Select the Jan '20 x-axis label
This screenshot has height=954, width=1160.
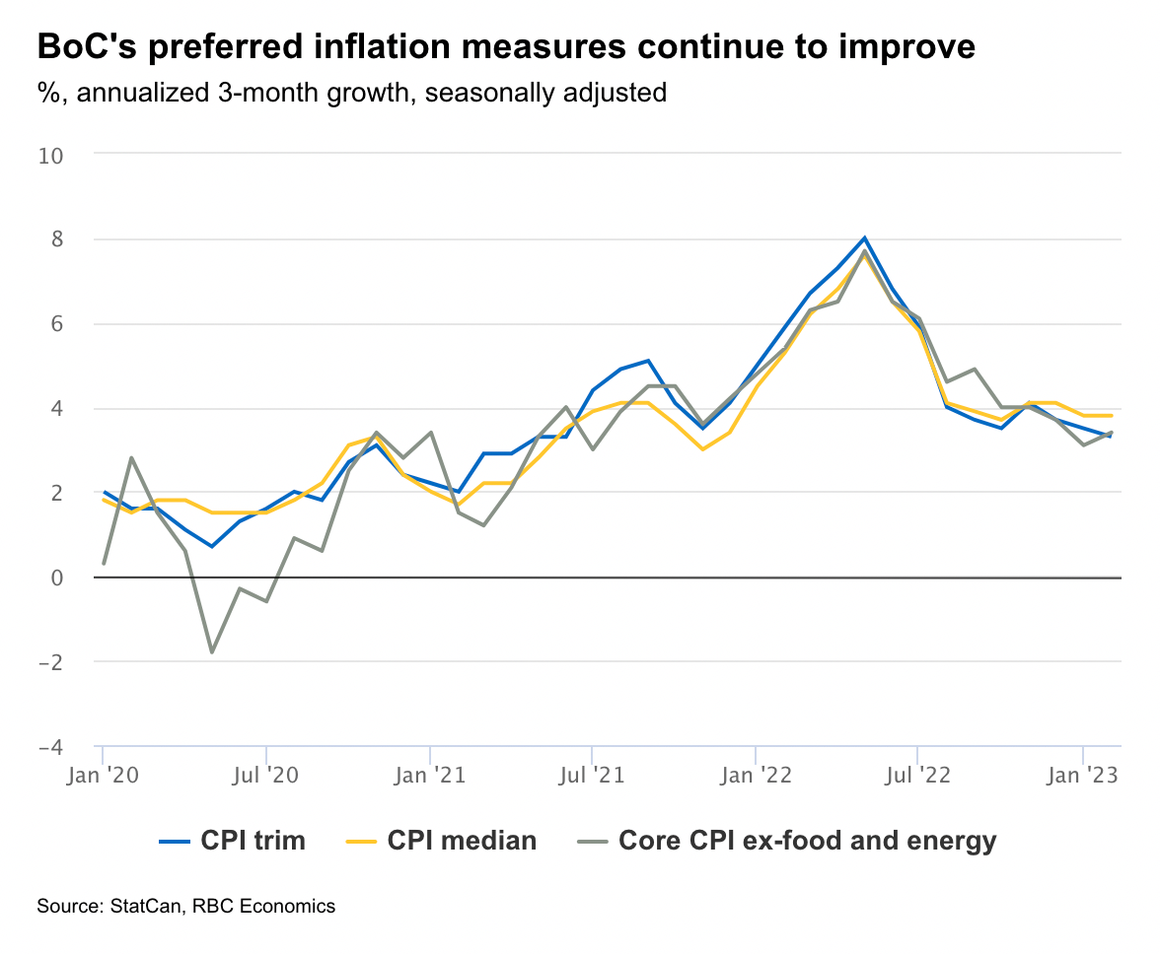pos(103,777)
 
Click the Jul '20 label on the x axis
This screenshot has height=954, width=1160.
pos(266,777)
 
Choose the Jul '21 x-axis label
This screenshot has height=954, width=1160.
pos(592,777)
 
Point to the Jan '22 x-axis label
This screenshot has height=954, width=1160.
pos(756,777)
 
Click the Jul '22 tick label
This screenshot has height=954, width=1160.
pos(917,777)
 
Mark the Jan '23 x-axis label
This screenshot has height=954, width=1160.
pos(1082,777)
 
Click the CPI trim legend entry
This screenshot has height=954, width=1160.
pos(233,841)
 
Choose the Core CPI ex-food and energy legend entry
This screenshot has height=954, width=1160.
pos(786,841)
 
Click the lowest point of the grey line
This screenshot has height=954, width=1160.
pos(212,652)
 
